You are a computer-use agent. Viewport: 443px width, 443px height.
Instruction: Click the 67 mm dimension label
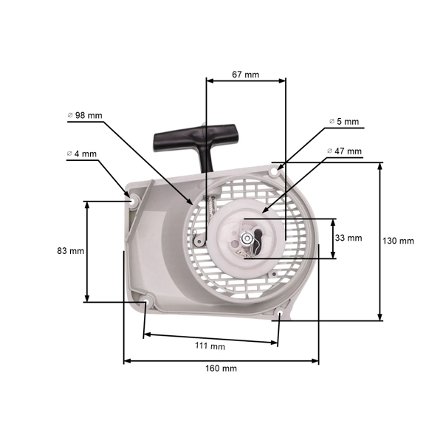click(x=245, y=74)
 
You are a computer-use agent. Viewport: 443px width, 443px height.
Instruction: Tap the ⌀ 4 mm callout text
click(x=81, y=154)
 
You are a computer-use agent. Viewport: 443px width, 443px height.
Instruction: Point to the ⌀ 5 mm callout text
click(x=343, y=121)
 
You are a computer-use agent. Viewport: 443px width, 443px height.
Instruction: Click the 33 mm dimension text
click(x=348, y=238)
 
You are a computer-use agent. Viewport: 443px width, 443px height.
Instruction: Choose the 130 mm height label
click(x=399, y=241)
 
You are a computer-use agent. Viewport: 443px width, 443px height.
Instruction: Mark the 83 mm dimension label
click(x=71, y=251)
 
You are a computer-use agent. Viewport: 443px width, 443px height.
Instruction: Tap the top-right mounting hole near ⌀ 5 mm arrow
click(x=276, y=171)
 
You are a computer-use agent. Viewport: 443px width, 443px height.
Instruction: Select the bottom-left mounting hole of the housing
click(x=147, y=301)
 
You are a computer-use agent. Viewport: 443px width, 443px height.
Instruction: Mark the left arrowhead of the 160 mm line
click(x=126, y=361)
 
